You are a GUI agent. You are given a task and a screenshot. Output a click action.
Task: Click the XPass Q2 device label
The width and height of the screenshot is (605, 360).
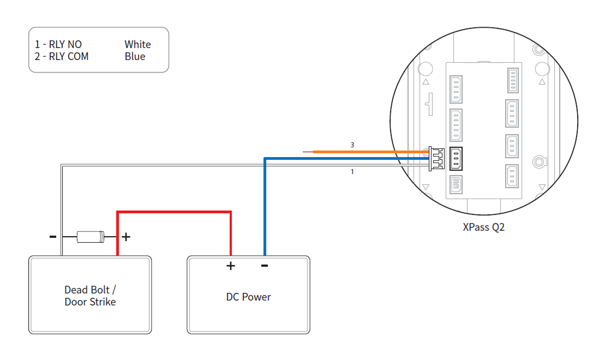(x=483, y=227)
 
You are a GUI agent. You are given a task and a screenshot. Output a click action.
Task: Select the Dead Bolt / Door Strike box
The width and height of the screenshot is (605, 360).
(x=90, y=295)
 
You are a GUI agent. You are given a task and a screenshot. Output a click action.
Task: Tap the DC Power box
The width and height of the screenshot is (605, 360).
(x=249, y=297)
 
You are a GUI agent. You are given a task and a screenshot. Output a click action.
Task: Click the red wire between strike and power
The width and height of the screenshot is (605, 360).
(x=175, y=212)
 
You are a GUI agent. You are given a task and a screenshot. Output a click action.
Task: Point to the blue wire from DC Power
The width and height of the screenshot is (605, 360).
(x=265, y=207)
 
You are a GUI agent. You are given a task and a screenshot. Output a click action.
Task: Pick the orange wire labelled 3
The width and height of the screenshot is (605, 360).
(x=371, y=152)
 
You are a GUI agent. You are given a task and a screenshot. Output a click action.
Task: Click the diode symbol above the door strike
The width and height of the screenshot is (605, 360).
(x=90, y=237)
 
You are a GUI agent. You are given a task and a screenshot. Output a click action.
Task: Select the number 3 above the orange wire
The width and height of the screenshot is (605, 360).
(x=352, y=145)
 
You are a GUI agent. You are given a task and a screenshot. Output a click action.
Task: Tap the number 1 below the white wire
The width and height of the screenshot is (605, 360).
(x=352, y=172)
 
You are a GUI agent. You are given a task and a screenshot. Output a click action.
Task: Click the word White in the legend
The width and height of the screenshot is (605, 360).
(x=137, y=45)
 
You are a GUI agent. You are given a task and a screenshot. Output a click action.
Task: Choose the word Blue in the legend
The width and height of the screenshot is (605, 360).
(x=135, y=57)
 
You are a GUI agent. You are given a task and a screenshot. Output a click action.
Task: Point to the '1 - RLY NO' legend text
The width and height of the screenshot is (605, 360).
(x=58, y=45)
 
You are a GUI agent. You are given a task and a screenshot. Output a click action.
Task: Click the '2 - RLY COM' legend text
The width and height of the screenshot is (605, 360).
(x=62, y=57)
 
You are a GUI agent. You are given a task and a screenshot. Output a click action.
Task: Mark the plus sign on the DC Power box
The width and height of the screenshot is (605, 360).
(x=231, y=266)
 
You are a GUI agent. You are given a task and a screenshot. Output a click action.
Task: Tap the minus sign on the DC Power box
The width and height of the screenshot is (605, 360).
(x=265, y=266)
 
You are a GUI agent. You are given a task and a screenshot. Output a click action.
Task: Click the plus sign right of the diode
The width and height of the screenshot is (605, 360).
(x=126, y=237)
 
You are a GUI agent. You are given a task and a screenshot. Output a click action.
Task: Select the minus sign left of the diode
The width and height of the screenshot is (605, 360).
(x=53, y=237)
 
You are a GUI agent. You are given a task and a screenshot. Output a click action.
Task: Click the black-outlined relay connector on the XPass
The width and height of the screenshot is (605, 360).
(x=456, y=159)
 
